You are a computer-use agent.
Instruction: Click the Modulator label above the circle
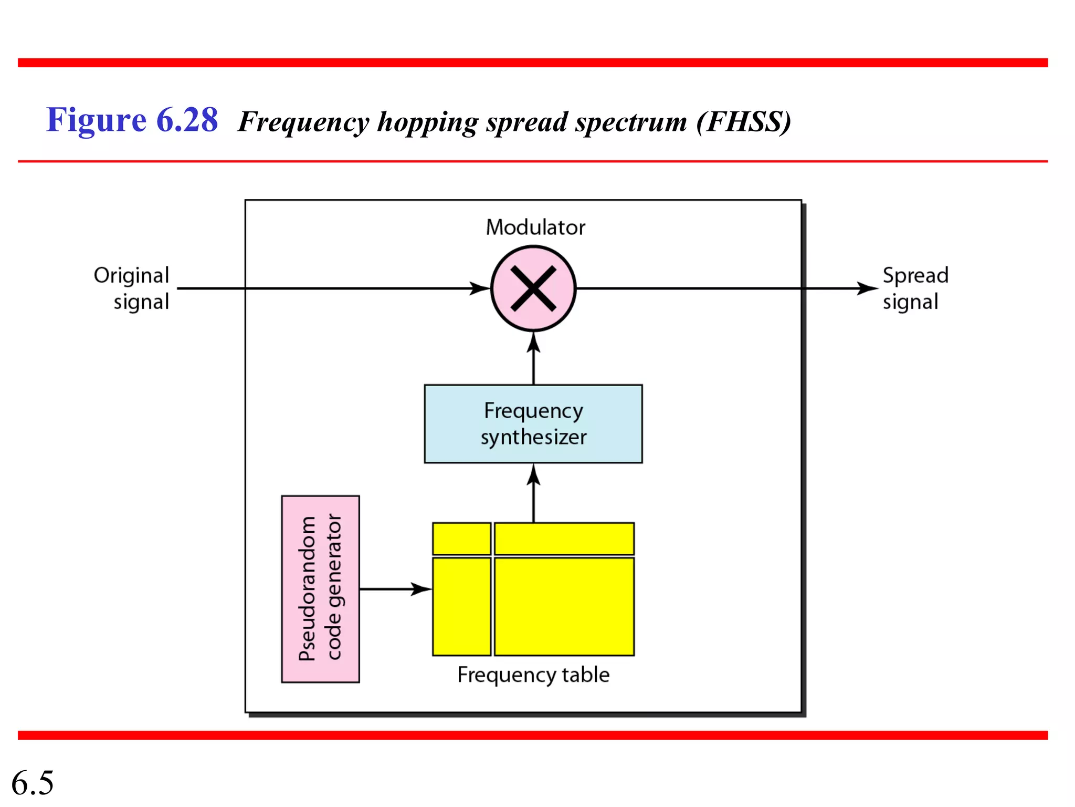(x=535, y=227)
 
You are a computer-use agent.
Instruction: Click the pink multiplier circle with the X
(x=533, y=288)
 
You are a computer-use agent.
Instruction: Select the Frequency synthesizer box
(x=533, y=424)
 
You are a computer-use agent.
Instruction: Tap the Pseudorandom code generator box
(x=320, y=589)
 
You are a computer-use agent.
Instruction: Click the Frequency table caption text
(x=533, y=675)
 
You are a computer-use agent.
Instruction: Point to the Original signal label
(x=132, y=288)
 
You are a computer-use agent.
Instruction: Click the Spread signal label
(x=915, y=288)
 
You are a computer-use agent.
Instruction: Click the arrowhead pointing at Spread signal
(x=867, y=288)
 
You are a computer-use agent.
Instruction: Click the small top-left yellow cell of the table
(x=461, y=539)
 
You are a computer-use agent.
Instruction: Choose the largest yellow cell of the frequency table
(x=564, y=607)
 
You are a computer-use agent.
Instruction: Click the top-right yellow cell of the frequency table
(x=564, y=539)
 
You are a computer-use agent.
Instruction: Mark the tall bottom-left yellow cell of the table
(x=461, y=607)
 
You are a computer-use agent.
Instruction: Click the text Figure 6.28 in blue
(x=132, y=120)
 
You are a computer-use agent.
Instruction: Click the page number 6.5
(x=33, y=783)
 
